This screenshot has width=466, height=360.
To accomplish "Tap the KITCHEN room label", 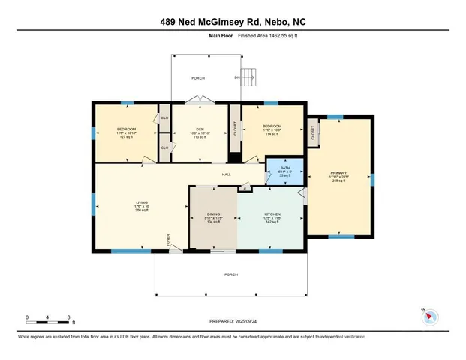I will click(272, 214).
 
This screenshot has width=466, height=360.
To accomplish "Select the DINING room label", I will click(213, 214).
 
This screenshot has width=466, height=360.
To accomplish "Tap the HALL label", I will click(225, 175).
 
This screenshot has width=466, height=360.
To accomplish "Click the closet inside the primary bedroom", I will click(313, 133).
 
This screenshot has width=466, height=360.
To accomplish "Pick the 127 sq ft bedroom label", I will click(126, 133).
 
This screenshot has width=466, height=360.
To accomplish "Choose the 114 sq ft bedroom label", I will click(271, 129).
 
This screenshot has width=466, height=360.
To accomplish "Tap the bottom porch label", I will click(232, 274).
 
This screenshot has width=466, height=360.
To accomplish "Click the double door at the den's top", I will click(196, 100).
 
